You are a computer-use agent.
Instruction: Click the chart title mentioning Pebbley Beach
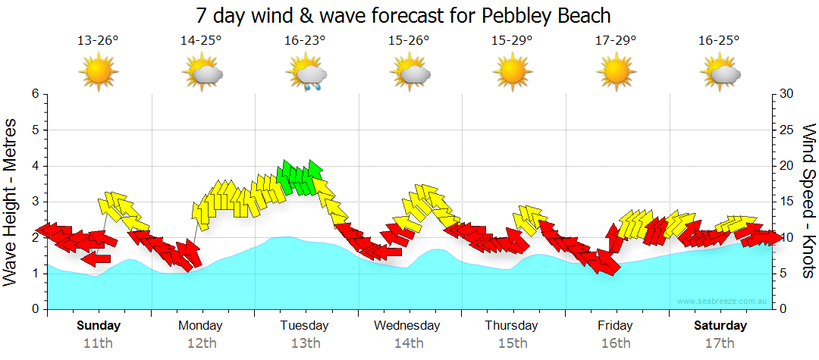coord(403,15)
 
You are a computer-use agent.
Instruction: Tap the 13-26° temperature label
coord(99,41)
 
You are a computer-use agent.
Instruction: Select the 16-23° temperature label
coord(306,41)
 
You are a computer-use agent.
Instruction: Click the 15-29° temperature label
coord(513,41)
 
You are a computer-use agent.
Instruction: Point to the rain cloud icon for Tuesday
coord(307,74)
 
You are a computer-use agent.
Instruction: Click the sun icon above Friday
coord(616,73)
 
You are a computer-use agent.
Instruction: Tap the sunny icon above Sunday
coord(99,73)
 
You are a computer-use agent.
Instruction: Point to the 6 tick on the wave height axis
coord(35,94)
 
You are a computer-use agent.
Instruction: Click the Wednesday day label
coord(407,325)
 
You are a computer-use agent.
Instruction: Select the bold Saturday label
coord(720,325)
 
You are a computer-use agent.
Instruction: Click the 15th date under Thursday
coord(512,343)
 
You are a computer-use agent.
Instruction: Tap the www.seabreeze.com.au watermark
coord(723,302)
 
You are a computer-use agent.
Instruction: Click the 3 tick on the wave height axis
coord(35,202)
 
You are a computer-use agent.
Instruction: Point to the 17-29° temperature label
coord(616,41)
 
